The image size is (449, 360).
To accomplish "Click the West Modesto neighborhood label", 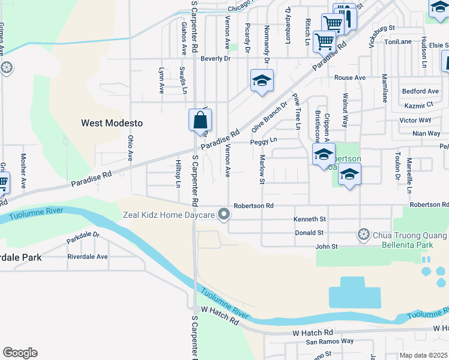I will (x=112, y=123).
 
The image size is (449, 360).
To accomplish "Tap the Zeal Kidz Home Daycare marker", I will (x=224, y=214).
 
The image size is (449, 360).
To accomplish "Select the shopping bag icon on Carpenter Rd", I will (x=200, y=120).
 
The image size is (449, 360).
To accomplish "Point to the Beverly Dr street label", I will (x=215, y=59).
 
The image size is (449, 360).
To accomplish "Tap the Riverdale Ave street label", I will (x=88, y=256).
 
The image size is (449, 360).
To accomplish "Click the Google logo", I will (x=20, y=353).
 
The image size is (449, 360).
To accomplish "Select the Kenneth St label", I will (x=310, y=219).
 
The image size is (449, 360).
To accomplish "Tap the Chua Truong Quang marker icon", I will (x=363, y=233).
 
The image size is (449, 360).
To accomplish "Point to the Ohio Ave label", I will (x=130, y=148).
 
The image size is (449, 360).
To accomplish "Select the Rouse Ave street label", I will (x=350, y=78).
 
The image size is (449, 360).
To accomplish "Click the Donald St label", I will (x=309, y=233).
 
